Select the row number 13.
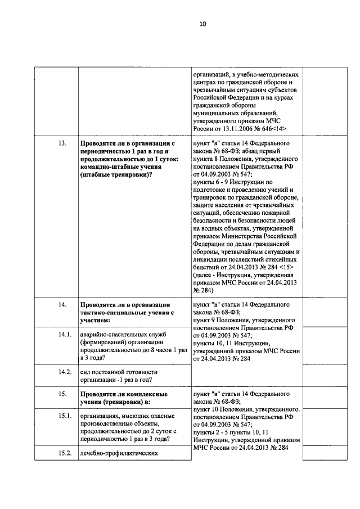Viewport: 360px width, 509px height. (62, 143)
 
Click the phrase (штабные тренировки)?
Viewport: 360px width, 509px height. (115, 175)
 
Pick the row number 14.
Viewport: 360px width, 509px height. (62, 304)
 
